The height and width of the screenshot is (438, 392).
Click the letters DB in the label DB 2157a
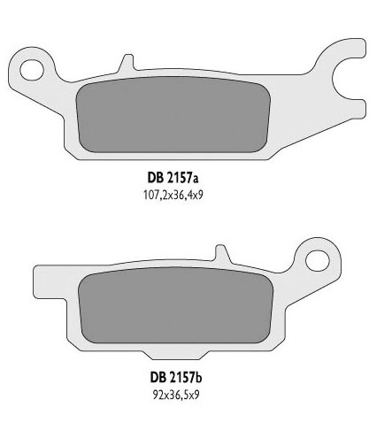[x=163, y=173]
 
